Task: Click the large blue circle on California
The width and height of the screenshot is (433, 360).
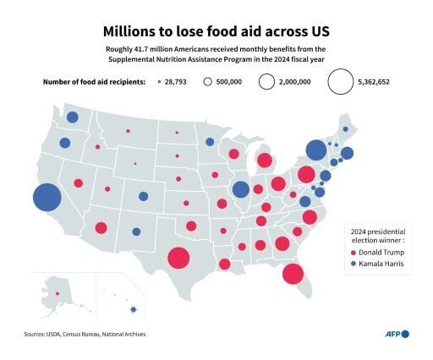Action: [x=47, y=198]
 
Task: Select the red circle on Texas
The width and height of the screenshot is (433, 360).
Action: [x=178, y=258]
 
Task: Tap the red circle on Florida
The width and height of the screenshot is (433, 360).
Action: [x=293, y=274]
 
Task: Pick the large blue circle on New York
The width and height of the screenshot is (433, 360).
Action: [x=315, y=150]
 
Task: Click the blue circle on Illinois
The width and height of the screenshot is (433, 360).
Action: [x=241, y=189]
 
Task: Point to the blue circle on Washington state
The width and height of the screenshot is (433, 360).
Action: [x=73, y=117]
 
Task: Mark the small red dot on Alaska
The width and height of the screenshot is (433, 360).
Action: [x=58, y=293]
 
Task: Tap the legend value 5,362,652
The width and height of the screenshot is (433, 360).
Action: [x=373, y=82]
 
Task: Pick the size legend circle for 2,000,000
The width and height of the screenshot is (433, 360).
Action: [x=266, y=82]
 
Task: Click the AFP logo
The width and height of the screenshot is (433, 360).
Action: [x=396, y=334]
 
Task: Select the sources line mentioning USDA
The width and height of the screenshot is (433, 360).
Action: [x=85, y=335]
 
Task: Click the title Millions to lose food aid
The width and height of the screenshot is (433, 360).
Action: [x=216, y=31]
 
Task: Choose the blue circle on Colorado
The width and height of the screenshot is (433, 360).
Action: [x=144, y=197]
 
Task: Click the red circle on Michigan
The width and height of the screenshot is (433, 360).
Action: [x=265, y=161]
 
